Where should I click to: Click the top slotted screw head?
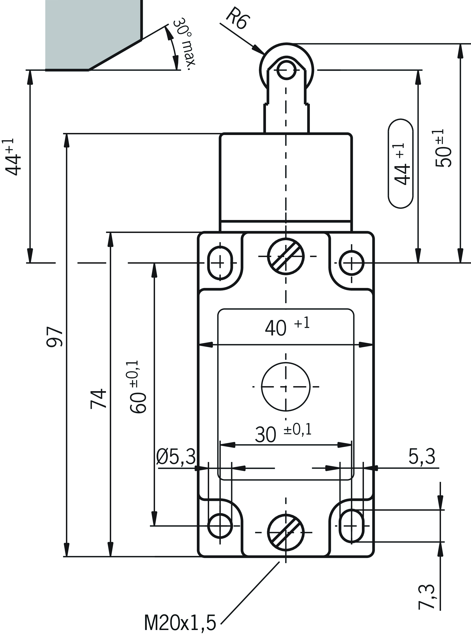click(286, 256)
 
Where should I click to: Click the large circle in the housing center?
click(286, 387)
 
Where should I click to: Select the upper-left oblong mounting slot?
click(220, 263)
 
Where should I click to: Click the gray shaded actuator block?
click(91, 31)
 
